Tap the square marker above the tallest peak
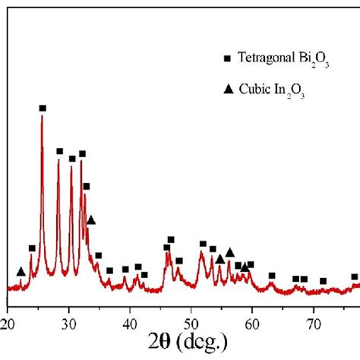tap(43, 109)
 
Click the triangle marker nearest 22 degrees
tap(21, 272)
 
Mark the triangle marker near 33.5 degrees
tap(91, 220)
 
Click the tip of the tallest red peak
tap(43, 116)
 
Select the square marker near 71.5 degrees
tap(323, 281)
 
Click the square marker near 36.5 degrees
tap(109, 270)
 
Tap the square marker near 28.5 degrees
tap(59, 151)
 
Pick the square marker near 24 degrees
tap(32, 248)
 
